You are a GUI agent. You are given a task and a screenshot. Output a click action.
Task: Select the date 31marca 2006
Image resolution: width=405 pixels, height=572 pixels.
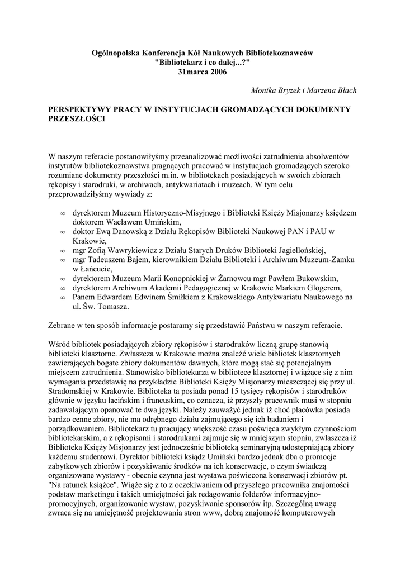202,73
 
